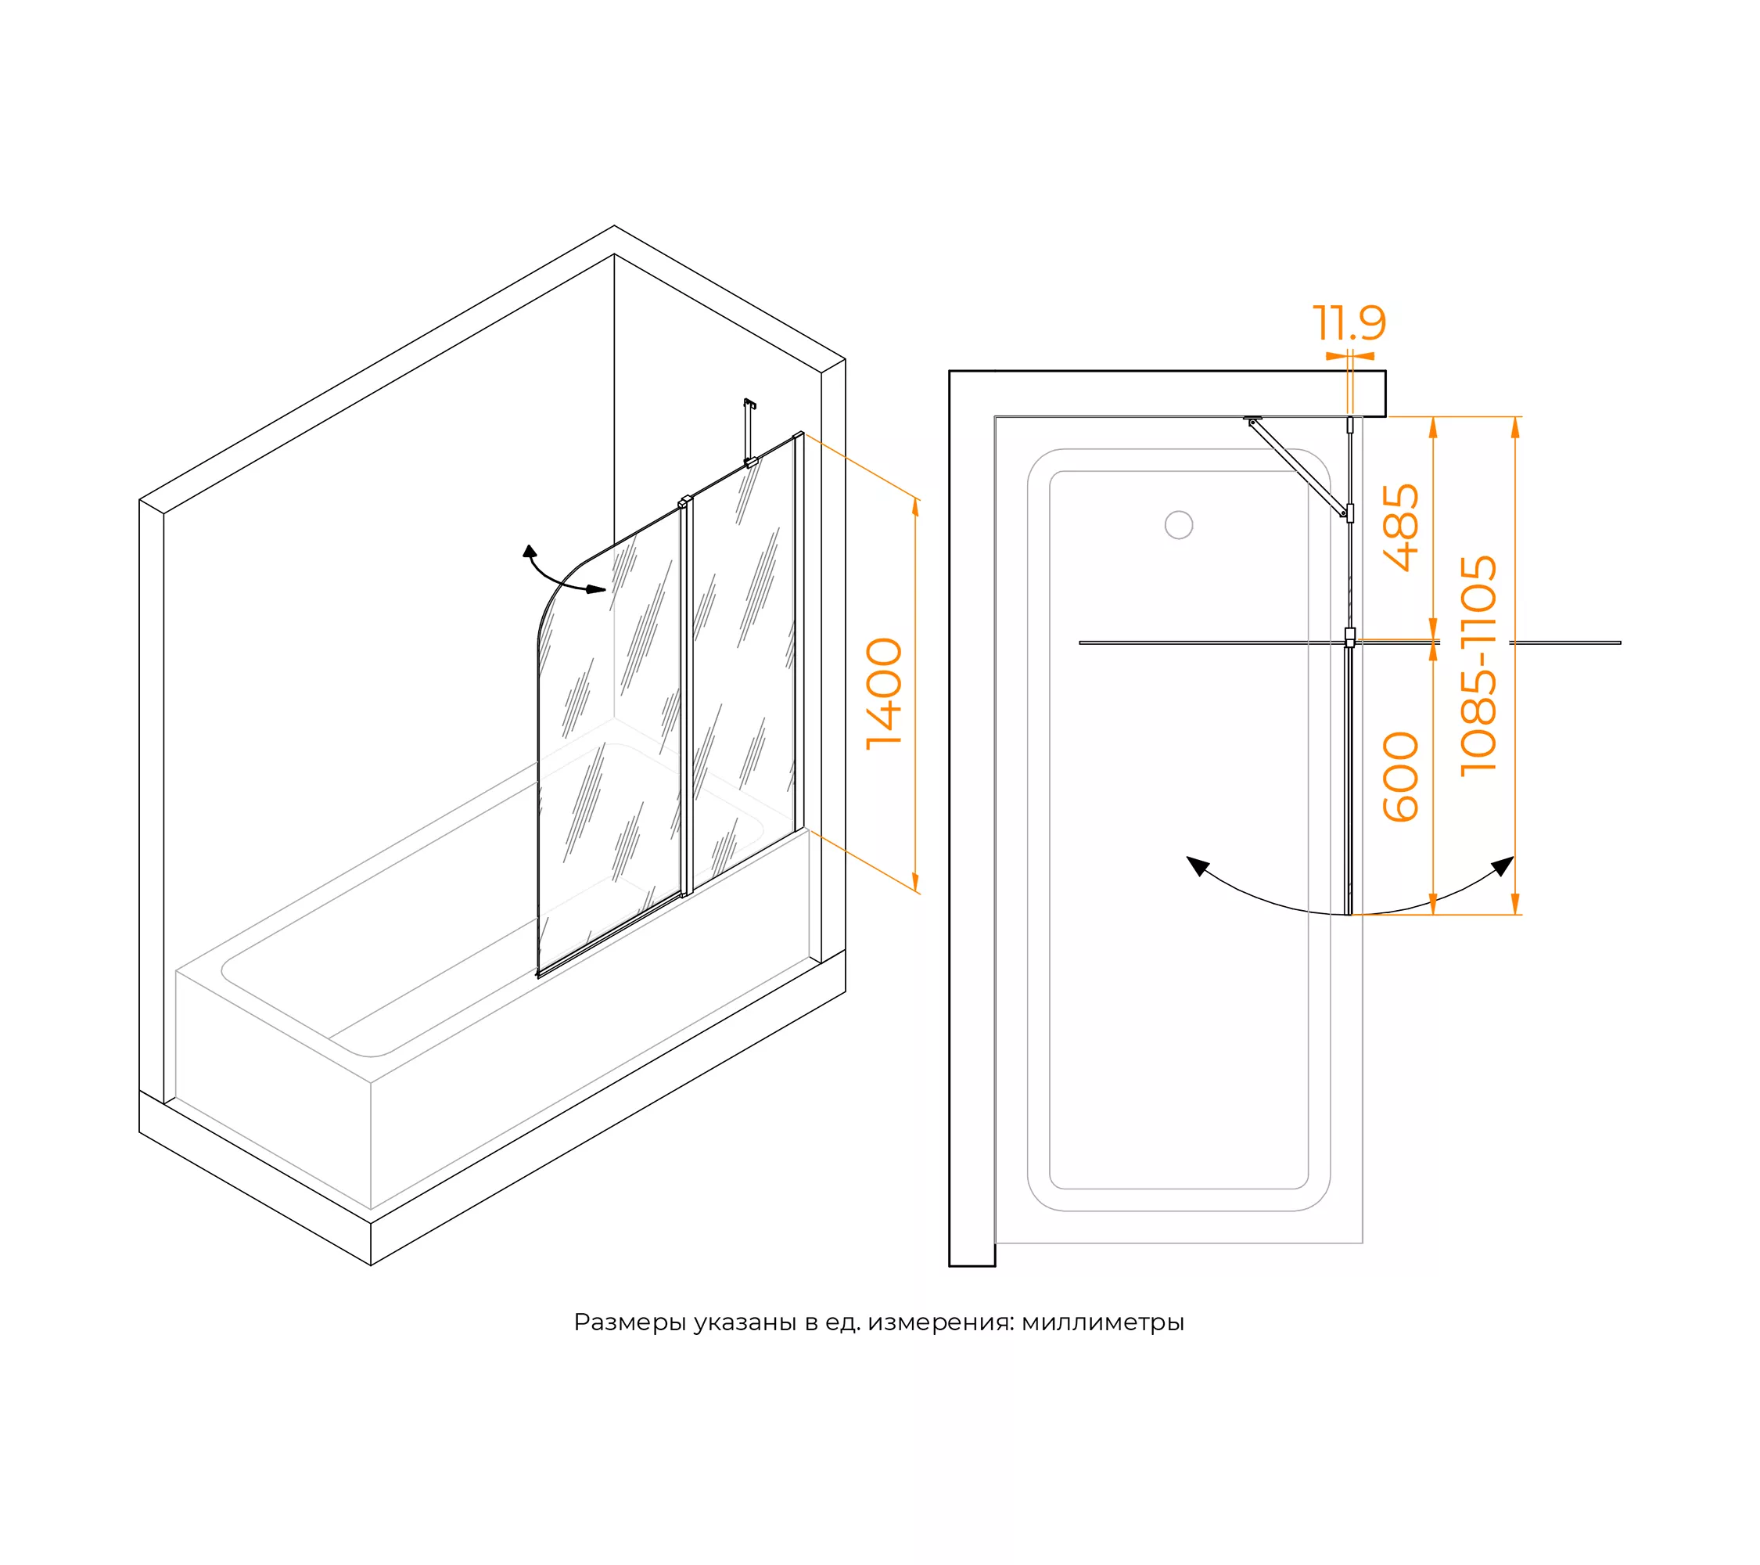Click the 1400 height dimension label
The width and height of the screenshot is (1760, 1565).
click(x=885, y=694)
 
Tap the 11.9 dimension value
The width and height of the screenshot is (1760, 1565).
click(x=1349, y=323)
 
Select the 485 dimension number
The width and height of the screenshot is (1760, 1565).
click(x=1401, y=528)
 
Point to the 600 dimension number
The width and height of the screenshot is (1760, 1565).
click(x=1401, y=777)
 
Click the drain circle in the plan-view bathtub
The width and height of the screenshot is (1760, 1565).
click(x=1179, y=524)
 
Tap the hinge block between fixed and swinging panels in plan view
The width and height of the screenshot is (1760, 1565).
click(x=1350, y=638)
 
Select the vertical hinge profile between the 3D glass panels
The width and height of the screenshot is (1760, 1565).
click(x=686, y=698)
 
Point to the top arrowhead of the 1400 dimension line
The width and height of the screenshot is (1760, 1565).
click(x=915, y=507)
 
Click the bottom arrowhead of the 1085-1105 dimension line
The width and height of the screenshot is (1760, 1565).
click(x=1515, y=905)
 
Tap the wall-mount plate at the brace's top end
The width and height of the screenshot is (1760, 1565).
click(x=1253, y=419)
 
